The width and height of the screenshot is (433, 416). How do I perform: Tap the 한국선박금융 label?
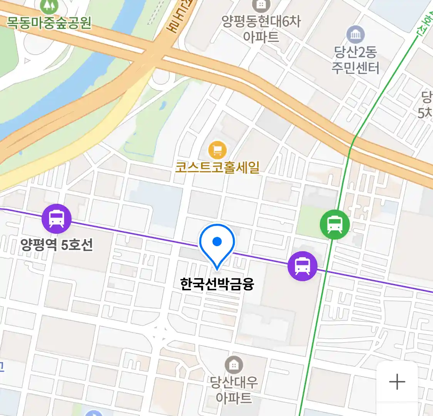click(217, 284)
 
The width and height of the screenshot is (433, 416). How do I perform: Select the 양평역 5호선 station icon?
click(57, 218)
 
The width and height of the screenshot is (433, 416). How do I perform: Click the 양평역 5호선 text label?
click(57, 245)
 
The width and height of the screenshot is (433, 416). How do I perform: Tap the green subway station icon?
click(335, 224)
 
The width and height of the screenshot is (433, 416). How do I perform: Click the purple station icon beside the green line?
click(303, 266)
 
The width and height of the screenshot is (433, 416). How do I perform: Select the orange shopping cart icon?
click(217, 150)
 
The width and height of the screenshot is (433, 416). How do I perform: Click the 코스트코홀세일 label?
click(217, 168)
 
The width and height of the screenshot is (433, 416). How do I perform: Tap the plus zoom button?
click(397, 382)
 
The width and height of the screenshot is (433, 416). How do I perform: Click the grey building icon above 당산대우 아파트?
click(234, 365)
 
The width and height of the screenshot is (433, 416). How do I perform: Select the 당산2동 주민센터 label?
click(355, 60)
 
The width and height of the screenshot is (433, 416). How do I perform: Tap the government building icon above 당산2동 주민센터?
click(356, 35)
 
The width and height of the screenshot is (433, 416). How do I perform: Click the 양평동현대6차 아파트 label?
click(261, 29)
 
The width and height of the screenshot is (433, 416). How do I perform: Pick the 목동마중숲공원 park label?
click(49, 23)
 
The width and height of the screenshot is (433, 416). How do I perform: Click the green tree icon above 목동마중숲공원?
click(48, 5)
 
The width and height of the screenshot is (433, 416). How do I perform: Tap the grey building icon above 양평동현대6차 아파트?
click(261, 5)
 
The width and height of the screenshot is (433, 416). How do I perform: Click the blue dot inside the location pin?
click(217, 242)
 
